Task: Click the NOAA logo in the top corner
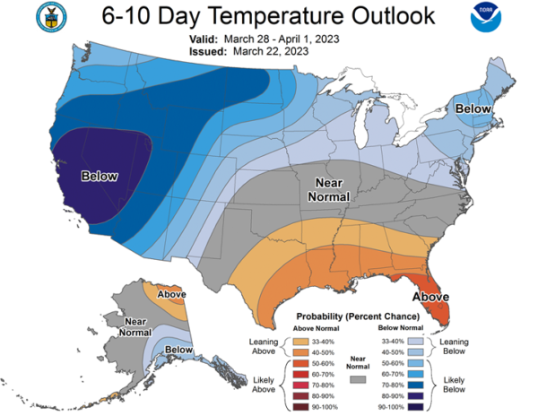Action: tap(486, 17)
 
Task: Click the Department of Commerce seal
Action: tap(51, 17)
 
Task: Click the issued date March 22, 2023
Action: tap(271, 51)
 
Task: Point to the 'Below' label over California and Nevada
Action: tap(100, 177)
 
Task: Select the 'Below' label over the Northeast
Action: tap(473, 109)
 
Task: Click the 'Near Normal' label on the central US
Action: tap(329, 190)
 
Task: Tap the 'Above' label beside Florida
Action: tap(430, 297)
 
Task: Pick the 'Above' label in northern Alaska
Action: tap(171, 294)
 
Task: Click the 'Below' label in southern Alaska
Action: tap(178, 350)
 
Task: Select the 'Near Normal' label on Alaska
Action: tap(135, 327)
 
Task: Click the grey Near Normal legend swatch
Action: tap(358, 379)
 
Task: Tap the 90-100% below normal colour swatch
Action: tap(415, 407)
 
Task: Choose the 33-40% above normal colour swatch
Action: tap(300, 342)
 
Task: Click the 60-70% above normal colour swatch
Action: tap(300, 374)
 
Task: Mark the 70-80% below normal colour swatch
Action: tap(415, 386)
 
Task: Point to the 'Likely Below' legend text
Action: tap(454, 385)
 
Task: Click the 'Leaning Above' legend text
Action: tap(264, 346)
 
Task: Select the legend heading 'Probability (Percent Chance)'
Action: tap(358, 316)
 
